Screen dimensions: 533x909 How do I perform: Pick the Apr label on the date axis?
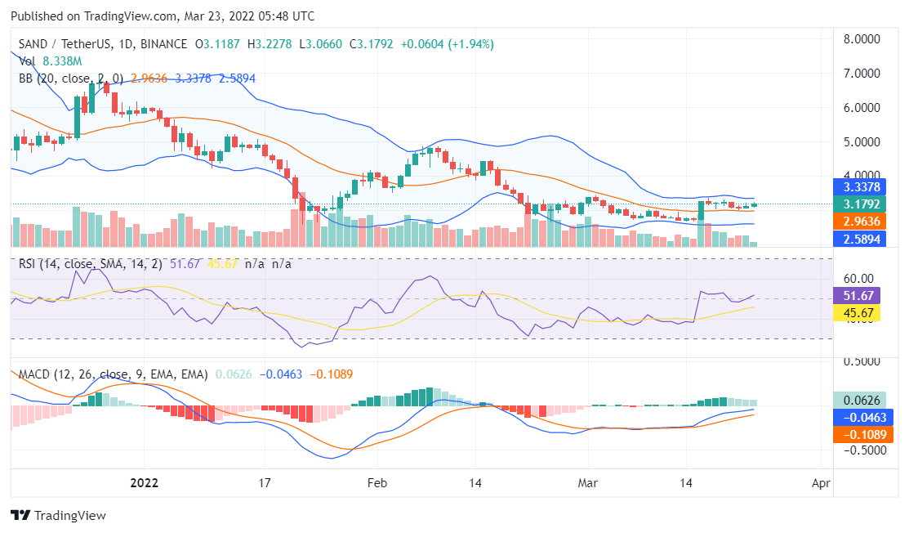(x=821, y=483)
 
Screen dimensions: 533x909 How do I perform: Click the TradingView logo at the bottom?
(x=58, y=516)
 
